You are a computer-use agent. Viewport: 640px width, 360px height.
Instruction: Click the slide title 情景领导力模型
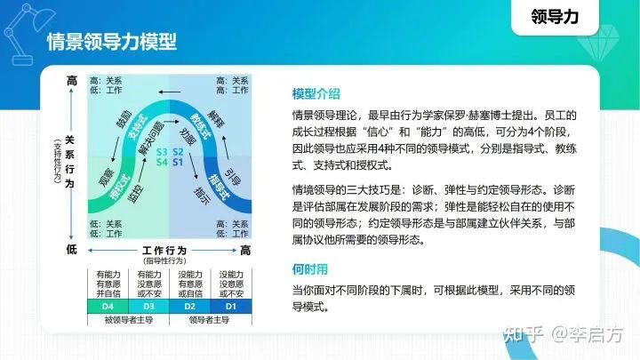click(x=111, y=42)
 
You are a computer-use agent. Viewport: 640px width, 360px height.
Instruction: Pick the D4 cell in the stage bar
click(x=106, y=307)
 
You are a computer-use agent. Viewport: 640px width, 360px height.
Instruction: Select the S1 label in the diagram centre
click(x=177, y=162)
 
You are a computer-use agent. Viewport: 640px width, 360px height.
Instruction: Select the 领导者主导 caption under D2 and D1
click(x=209, y=320)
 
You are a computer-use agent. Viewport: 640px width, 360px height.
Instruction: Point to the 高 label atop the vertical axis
click(x=72, y=82)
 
